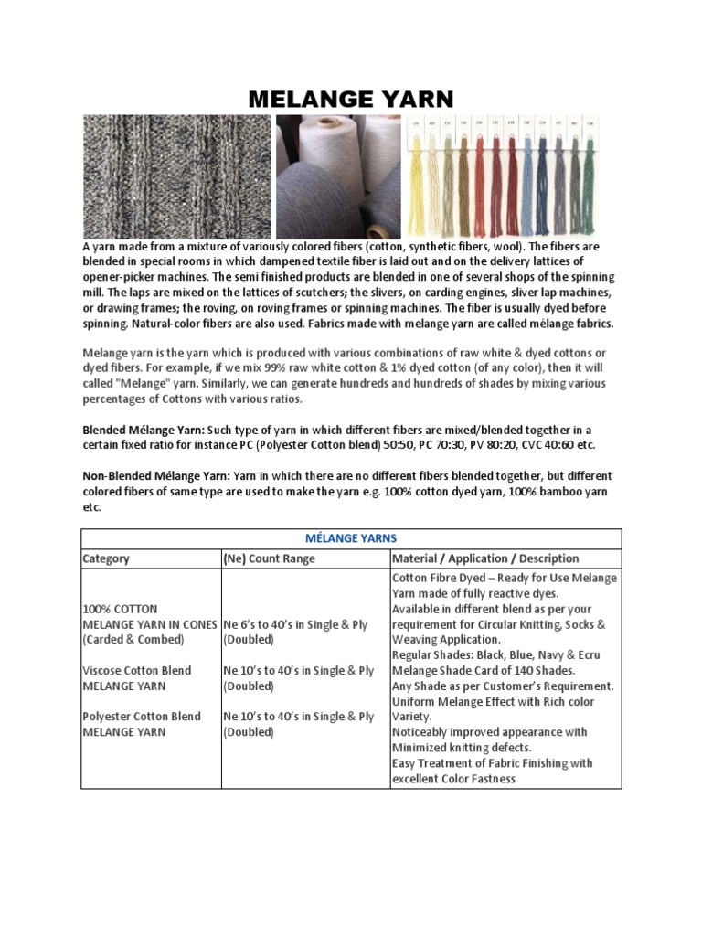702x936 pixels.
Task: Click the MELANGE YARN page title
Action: pos(351,99)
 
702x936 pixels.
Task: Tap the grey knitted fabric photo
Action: pos(176,176)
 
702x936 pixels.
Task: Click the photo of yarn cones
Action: pos(337,176)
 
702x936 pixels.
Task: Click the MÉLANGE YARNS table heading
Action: pos(351,538)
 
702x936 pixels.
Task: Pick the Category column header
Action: pos(106,558)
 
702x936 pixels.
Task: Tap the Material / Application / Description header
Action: pos(485,558)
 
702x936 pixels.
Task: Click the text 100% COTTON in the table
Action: pos(121,609)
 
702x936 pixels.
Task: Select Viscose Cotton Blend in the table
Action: pos(137,670)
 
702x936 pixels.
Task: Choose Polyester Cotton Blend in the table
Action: pos(142,717)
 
